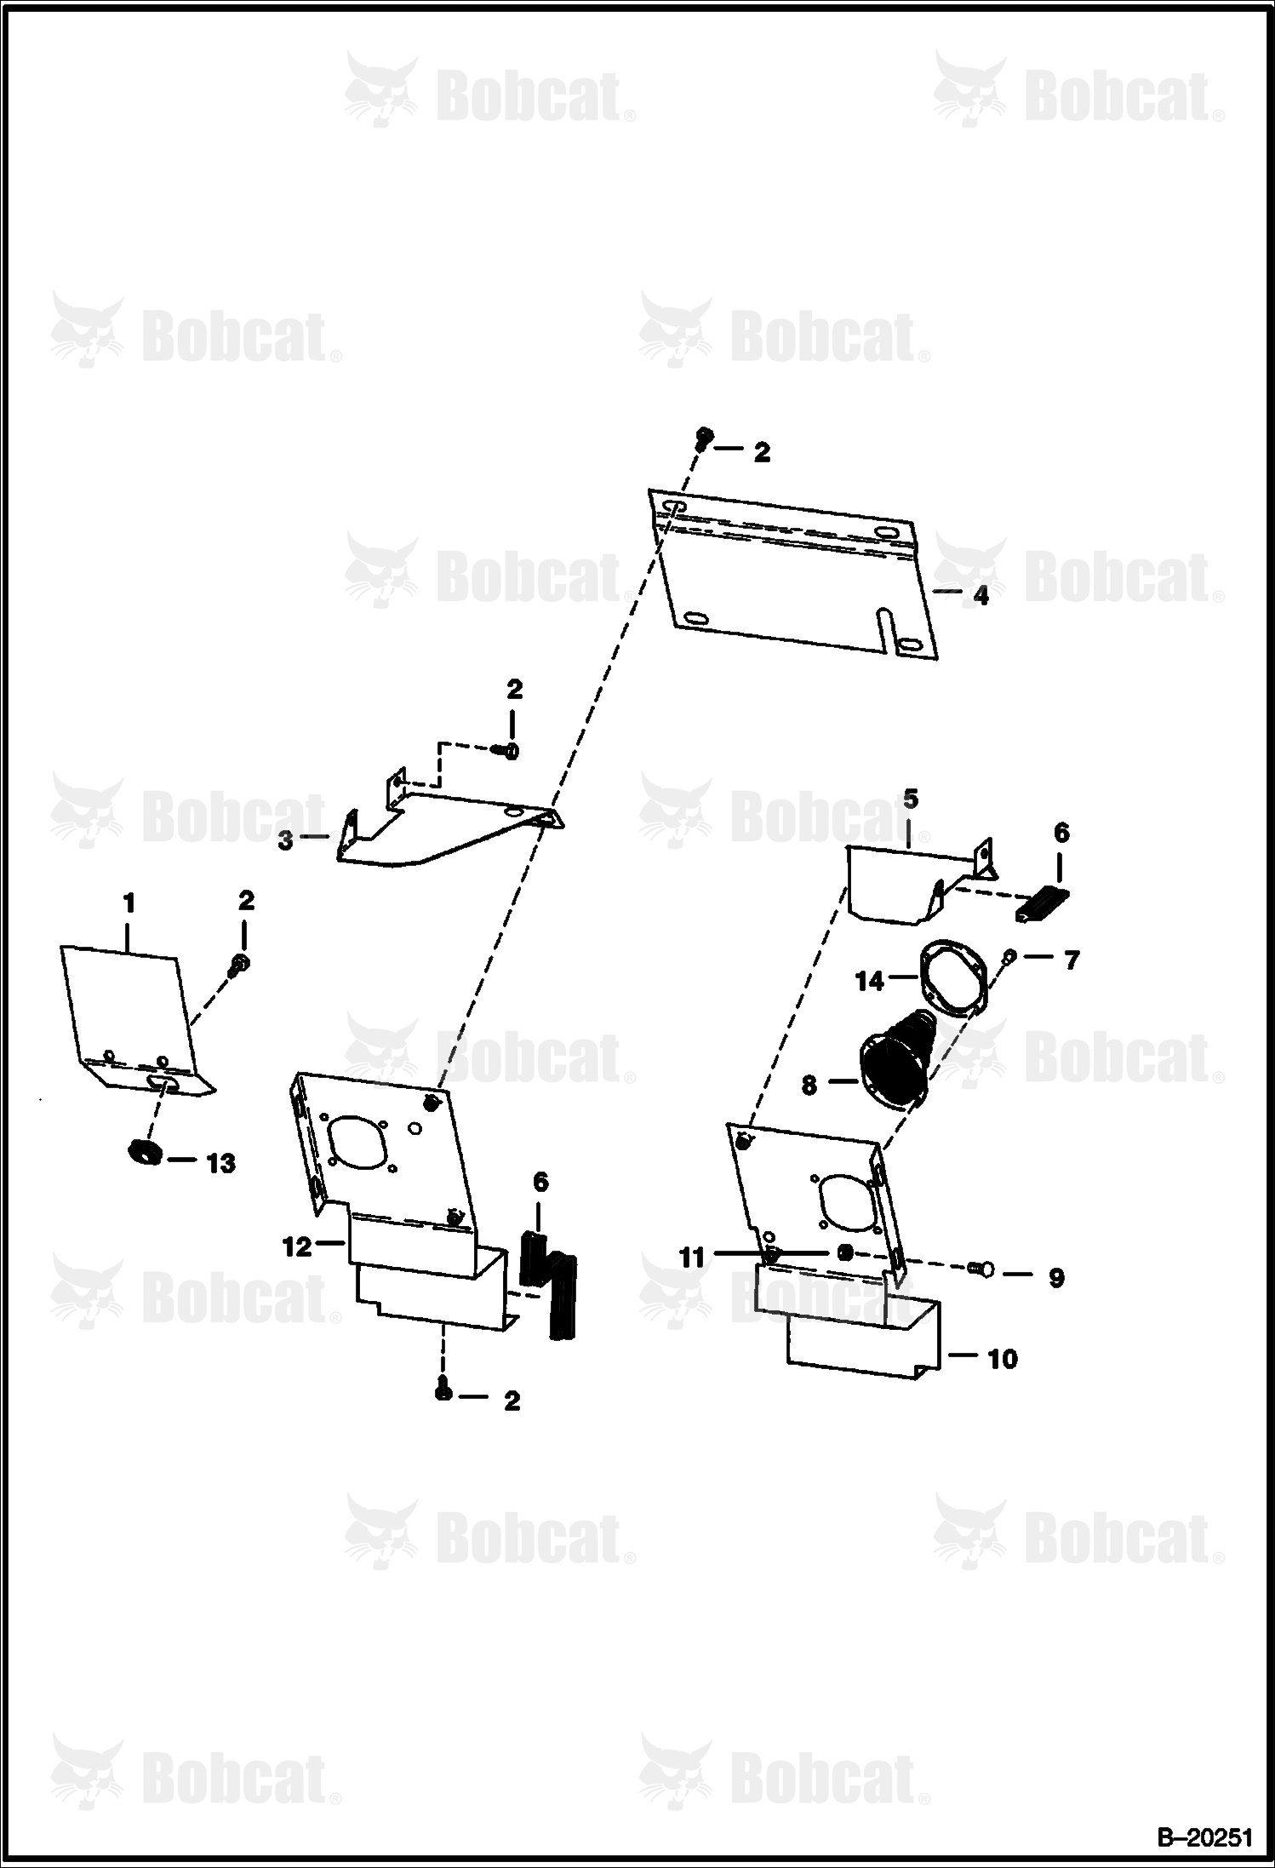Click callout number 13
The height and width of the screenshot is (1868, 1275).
(x=221, y=1163)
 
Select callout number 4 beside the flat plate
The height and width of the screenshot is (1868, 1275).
(x=981, y=596)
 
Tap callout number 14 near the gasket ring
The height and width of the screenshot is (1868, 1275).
(x=870, y=982)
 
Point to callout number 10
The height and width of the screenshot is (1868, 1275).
(x=1003, y=1359)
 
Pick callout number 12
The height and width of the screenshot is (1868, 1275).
(x=297, y=1246)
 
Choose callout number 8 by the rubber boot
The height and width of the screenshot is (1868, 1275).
(x=809, y=1084)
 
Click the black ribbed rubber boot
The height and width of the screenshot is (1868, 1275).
(x=895, y=1060)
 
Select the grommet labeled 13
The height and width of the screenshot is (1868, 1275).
(x=145, y=1153)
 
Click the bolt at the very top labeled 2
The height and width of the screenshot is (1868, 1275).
(x=704, y=438)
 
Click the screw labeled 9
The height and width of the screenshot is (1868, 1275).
(x=982, y=1292)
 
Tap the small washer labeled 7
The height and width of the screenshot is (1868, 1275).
(x=1008, y=955)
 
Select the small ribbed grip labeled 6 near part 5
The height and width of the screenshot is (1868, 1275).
(x=1042, y=903)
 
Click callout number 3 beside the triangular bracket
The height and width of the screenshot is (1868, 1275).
(x=285, y=840)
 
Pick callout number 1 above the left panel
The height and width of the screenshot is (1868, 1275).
(x=129, y=902)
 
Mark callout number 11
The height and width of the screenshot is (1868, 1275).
(x=692, y=1257)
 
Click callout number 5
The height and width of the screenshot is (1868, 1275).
(x=911, y=799)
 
